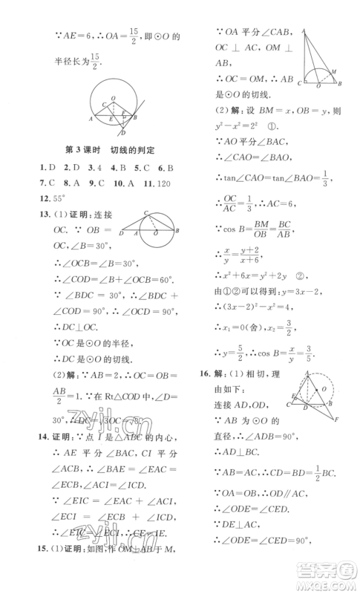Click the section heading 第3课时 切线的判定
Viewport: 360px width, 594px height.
[115, 149]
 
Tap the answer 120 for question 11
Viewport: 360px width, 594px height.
[168, 183]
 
